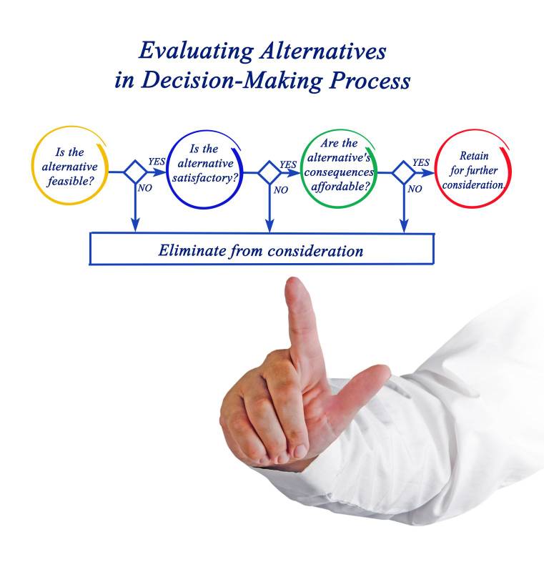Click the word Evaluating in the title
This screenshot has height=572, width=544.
pos(196,51)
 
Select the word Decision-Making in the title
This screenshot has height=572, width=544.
pos(232,81)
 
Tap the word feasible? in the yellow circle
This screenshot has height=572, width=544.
pos(71,181)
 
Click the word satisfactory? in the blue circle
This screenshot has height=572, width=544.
pos(205,177)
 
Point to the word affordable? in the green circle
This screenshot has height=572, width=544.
pos(340,187)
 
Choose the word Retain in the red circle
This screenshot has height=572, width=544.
pos(474,156)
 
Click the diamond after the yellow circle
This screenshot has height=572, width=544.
pos(135,172)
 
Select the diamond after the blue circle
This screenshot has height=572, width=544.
pos(269,172)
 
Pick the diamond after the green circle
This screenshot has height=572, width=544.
pos(404,172)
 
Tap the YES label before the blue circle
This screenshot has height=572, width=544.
pos(157,162)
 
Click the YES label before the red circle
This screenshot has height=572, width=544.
pos(421,162)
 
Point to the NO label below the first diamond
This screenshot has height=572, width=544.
pos(144,188)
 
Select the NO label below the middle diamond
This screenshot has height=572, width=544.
pos(281,190)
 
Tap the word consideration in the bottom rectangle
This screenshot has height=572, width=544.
pos(315,252)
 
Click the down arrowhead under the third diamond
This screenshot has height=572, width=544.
pos(404,226)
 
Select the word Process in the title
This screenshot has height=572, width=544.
pos(370,81)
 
